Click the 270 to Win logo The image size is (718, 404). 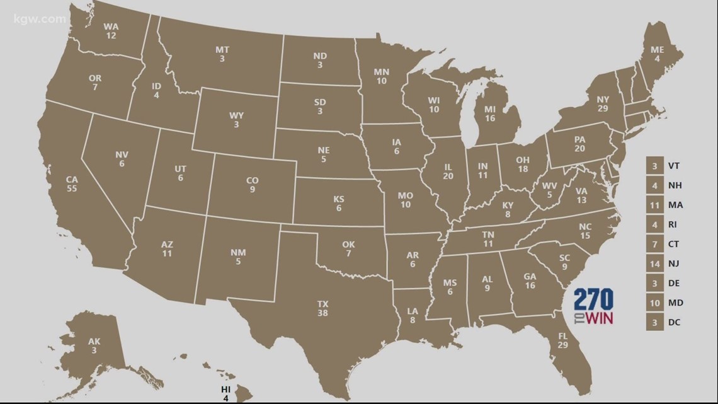coord(593,307)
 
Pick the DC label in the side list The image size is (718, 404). coord(675,322)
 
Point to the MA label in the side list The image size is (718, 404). coord(676,205)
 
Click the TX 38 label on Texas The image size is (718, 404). coord(323,308)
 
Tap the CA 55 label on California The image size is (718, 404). coord(72,183)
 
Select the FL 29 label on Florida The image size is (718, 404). coord(563,340)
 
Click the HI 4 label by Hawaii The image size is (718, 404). coord(225,393)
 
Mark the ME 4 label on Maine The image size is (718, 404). coord(658,54)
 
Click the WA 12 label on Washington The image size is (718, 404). coord(111,32)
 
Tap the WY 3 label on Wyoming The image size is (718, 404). coord(237,120)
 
